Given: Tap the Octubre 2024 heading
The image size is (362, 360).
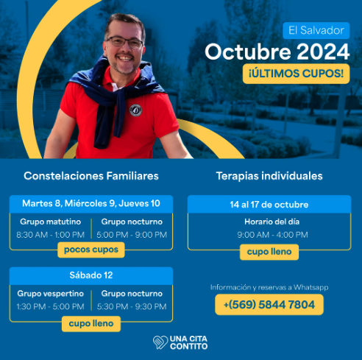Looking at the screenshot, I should click(x=277, y=52).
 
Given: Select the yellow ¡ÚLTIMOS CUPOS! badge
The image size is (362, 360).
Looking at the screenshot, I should click(x=296, y=74).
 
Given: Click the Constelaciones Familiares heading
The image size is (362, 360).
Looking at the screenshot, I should click(x=91, y=177).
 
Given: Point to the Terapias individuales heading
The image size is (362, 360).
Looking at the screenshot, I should click(x=269, y=177).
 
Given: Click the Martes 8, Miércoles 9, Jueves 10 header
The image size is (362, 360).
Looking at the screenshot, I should click(x=91, y=203).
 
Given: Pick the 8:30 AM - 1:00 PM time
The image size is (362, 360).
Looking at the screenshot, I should click(x=50, y=235).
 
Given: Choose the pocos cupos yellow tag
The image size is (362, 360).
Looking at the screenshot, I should click(x=90, y=250).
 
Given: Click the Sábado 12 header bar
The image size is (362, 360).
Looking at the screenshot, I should click(x=91, y=275).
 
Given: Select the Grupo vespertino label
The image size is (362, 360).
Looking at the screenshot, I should click(x=49, y=293).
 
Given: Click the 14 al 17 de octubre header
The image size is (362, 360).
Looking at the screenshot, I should click(x=269, y=204).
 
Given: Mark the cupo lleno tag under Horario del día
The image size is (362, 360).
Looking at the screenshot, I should click(x=269, y=252).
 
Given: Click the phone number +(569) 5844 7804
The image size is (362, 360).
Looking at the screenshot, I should click(x=269, y=305).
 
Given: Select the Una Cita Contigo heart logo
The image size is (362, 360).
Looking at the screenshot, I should click(x=160, y=342).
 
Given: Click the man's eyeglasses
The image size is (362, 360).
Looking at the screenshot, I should click(x=124, y=43).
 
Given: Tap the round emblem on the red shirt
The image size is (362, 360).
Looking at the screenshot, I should click(x=135, y=110).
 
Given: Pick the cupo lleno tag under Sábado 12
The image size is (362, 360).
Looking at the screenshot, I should click(x=90, y=322).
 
